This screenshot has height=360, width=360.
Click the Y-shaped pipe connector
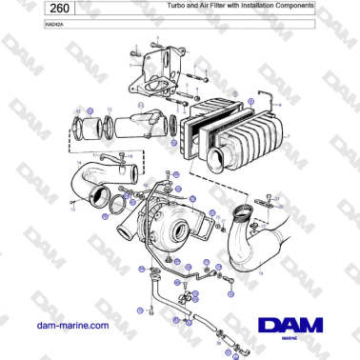(x=148, y=123)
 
